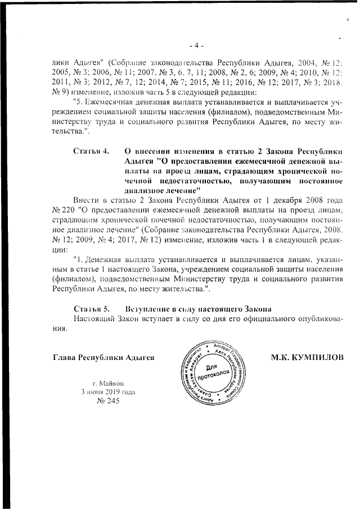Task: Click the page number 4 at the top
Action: coord(196,44)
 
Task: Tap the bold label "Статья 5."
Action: coord(91,309)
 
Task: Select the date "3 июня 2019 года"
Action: coord(107,391)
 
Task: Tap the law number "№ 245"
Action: coord(109,401)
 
